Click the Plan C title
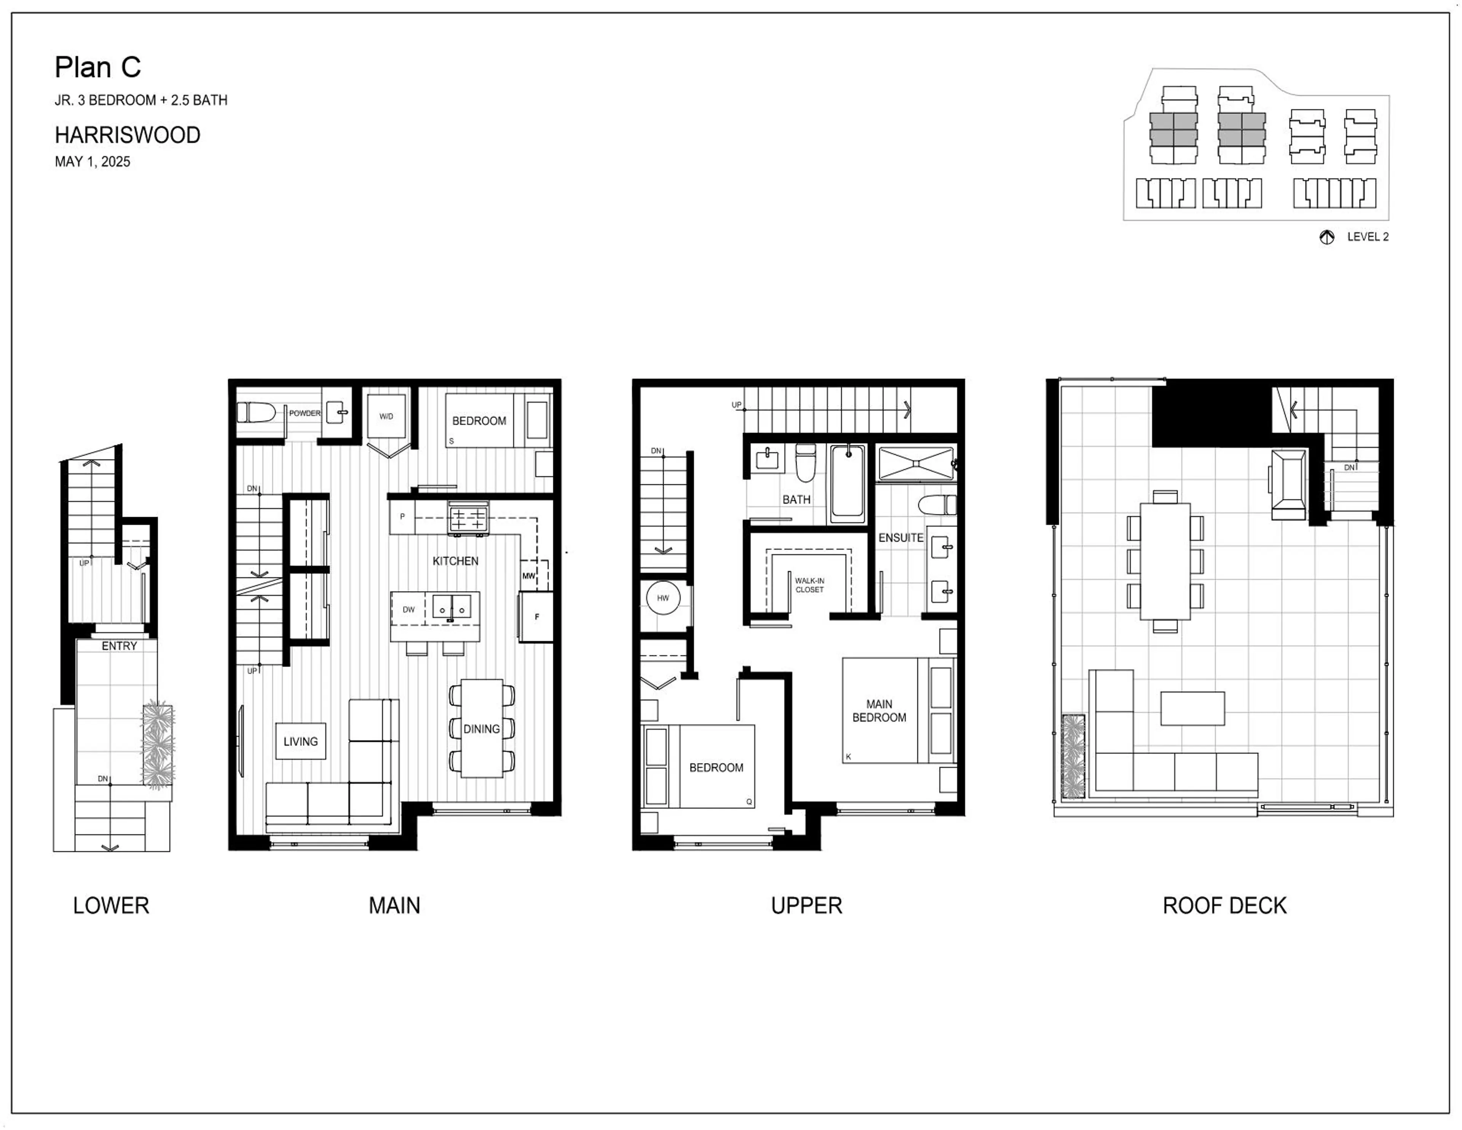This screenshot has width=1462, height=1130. [98, 67]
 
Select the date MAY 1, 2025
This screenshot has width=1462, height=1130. [93, 161]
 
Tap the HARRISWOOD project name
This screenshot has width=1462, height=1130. [127, 135]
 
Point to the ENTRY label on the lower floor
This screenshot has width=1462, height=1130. [119, 646]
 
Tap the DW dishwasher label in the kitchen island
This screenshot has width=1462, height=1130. [409, 609]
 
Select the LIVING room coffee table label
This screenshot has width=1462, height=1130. [300, 742]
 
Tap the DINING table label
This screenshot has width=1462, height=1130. [481, 729]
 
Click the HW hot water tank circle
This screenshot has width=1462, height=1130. [663, 598]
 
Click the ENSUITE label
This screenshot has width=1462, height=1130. [900, 538]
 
